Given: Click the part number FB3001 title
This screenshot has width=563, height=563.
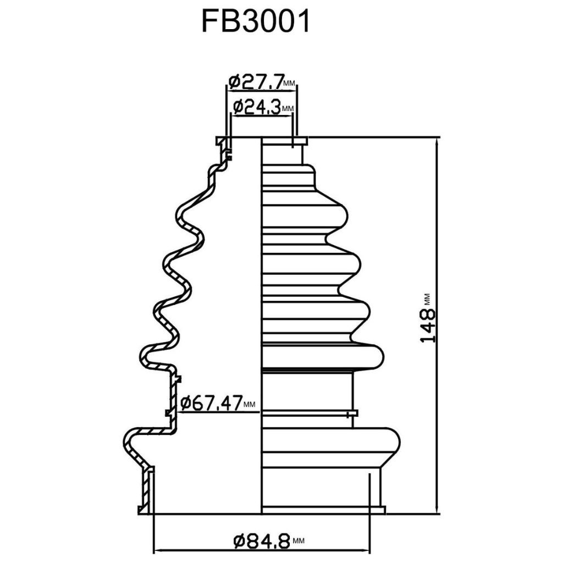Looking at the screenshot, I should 256,23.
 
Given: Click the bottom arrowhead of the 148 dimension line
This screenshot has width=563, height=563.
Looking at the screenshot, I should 437,509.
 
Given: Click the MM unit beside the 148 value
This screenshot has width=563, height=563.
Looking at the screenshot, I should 428,300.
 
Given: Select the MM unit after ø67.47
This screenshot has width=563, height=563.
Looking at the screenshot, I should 250,405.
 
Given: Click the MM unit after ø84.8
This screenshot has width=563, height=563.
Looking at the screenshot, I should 298,542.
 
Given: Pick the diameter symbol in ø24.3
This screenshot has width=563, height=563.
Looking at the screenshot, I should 238,107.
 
